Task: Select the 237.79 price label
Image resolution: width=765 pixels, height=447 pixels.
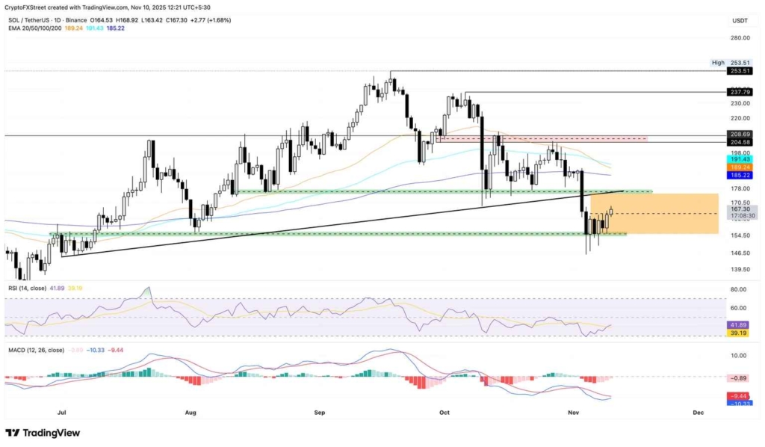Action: (740, 93)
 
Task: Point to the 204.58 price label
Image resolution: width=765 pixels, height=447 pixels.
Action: (740, 142)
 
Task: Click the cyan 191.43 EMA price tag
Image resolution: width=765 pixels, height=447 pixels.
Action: (740, 159)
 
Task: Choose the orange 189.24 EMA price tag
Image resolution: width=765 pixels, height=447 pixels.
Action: (740, 167)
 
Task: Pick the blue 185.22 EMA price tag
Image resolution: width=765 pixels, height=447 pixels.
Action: (740, 175)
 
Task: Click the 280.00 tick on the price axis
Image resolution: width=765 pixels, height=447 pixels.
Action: (740, 37)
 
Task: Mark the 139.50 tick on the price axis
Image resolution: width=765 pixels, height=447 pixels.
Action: (740, 270)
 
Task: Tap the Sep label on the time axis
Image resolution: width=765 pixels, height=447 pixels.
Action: (320, 412)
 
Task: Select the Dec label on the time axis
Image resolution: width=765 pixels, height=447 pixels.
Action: (699, 412)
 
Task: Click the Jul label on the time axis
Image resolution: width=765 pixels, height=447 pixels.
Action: (61, 412)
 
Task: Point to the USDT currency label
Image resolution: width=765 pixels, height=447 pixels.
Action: (740, 20)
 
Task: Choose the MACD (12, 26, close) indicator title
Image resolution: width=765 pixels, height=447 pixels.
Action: (36, 350)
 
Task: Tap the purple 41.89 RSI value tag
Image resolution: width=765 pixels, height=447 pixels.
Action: (740, 325)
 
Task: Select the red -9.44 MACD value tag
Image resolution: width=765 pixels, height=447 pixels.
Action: (740, 396)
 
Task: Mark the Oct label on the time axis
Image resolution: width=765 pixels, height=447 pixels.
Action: (445, 412)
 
